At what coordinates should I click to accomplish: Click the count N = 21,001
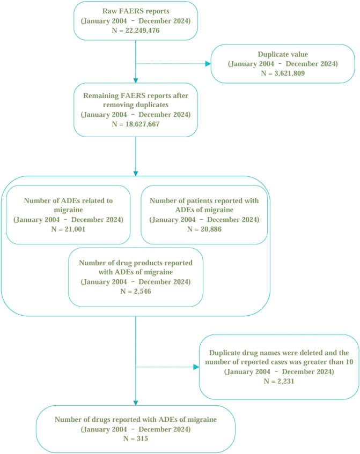coord(68,229)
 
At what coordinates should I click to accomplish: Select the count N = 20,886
coord(204,229)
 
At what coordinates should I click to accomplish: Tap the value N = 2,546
coord(136,292)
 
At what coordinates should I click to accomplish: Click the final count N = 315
coord(135,439)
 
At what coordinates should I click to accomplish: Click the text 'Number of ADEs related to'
coord(68,200)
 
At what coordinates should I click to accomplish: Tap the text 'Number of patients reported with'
coord(204,200)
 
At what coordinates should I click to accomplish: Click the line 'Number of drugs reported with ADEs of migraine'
coord(135,420)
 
